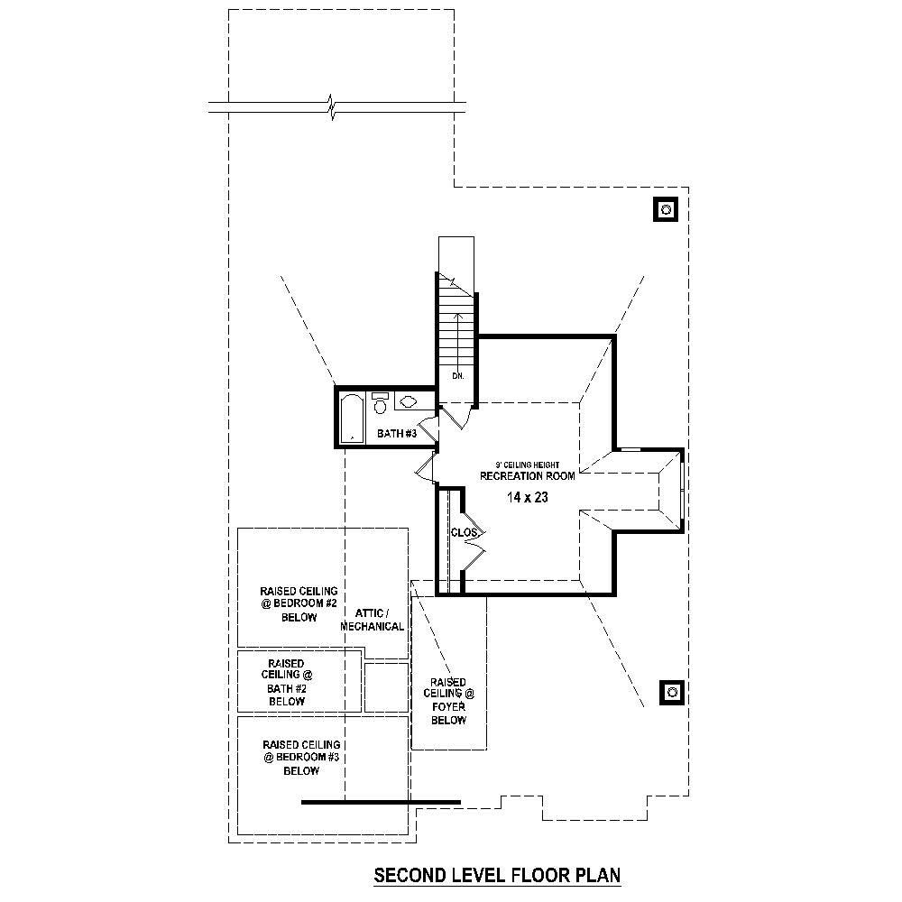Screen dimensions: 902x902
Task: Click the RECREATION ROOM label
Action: click(x=527, y=475)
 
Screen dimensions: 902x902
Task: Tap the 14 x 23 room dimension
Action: click(x=527, y=496)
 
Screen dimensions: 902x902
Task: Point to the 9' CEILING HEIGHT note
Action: click(x=527, y=465)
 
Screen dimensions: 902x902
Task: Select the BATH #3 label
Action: click(x=396, y=434)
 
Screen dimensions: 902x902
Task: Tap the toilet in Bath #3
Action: click(x=380, y=404)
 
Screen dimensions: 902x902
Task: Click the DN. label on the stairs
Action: click(x=457, y=376)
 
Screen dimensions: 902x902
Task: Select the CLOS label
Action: click(x=463, y=533)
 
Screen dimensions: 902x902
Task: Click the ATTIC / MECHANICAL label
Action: click(x=373, y=619)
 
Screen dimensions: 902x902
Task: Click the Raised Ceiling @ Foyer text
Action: click(x=448, y=701)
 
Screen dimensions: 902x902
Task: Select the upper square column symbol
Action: click(x=666, y=209)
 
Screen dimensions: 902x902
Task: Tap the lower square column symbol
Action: click(x=672, y=693)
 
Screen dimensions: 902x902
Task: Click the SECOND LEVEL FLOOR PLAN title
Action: click(x=498, y=874)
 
